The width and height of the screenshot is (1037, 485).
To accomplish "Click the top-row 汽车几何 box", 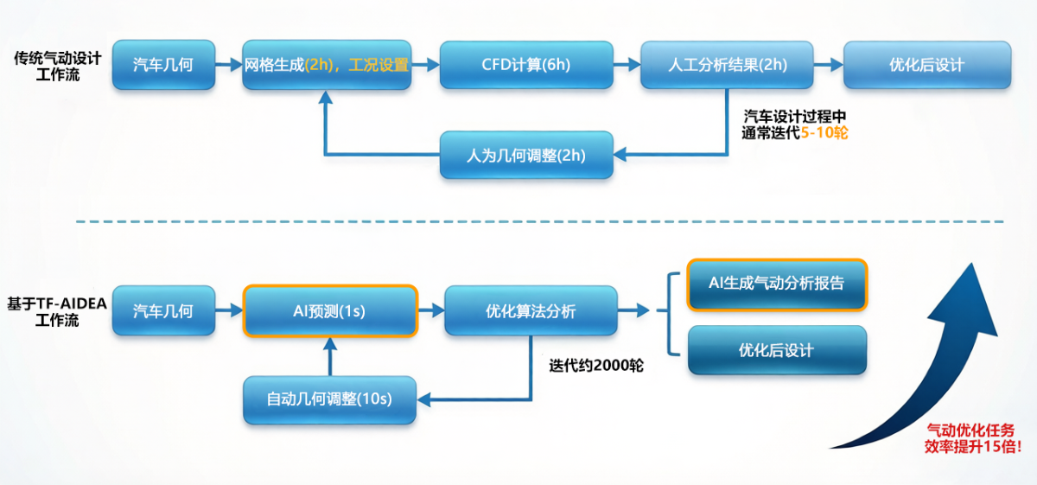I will click(x=163, y=64).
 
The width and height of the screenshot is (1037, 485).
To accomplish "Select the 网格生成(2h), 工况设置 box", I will click(x=327, y=64).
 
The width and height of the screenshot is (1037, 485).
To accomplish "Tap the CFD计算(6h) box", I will click(x=526, y=64).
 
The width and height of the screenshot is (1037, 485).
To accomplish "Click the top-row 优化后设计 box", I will click(x=926, y=64).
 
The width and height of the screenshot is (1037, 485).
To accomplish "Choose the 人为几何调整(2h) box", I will click(x=526, y=156).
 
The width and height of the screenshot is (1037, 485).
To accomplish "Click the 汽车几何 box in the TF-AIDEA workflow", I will click(x=163, y=311).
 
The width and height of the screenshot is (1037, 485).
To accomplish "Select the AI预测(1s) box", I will click(x=330, y=311).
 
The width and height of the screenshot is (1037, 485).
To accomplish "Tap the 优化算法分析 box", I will click(x=531, y=311).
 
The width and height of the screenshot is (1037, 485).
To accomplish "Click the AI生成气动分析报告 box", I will click(x=776, y=284).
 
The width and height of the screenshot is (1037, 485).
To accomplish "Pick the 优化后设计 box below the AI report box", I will click(x=776, y=350).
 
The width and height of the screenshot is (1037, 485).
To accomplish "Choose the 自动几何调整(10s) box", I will click(x=329, y=399).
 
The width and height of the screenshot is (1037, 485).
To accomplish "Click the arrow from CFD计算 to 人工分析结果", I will click(x=627, y=64).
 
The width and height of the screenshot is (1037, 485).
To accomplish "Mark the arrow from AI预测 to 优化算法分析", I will click(x=430, y=311).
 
